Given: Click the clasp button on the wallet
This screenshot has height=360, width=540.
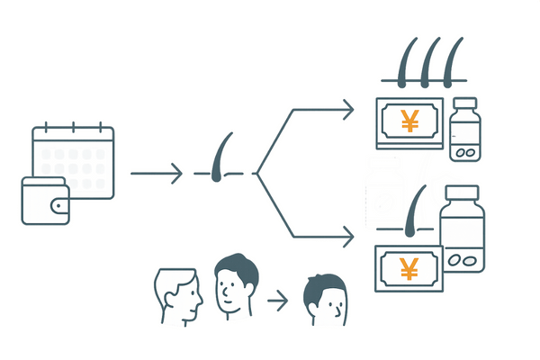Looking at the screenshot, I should tap(60, 206).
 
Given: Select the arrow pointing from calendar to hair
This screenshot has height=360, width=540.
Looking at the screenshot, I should tap(157, 171).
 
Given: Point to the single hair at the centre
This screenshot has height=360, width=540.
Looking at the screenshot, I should tap(219, 160).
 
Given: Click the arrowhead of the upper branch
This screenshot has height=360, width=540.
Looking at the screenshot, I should tap(347, 110).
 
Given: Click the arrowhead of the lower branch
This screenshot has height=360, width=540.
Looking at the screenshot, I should tap(347, 238).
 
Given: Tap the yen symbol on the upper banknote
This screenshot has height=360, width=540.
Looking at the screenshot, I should tap(409, 120).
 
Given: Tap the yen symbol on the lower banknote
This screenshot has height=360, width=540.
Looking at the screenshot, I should tap(409, 269).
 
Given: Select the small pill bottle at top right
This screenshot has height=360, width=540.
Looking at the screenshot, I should tap(465, 130).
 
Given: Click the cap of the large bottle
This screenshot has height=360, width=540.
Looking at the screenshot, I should tap(462, 194).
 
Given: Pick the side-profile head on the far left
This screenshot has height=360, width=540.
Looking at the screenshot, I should tap(176, 295).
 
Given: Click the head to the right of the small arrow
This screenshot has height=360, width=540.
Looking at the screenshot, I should tap(325, 301).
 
